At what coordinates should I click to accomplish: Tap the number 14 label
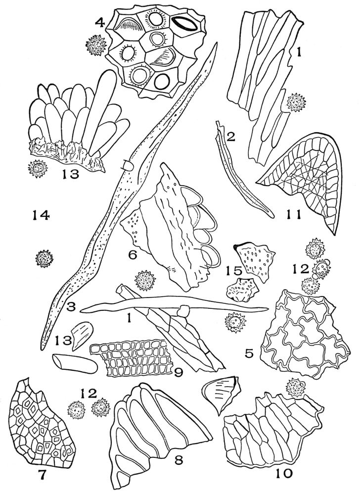coord(41,216)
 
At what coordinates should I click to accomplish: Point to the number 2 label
coord(230,137)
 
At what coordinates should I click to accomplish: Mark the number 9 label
coord(179,373)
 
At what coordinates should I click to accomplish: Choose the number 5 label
coord(249,353)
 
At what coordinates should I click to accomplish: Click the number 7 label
coord(42,475)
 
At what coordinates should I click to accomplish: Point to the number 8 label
coord(179,460)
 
